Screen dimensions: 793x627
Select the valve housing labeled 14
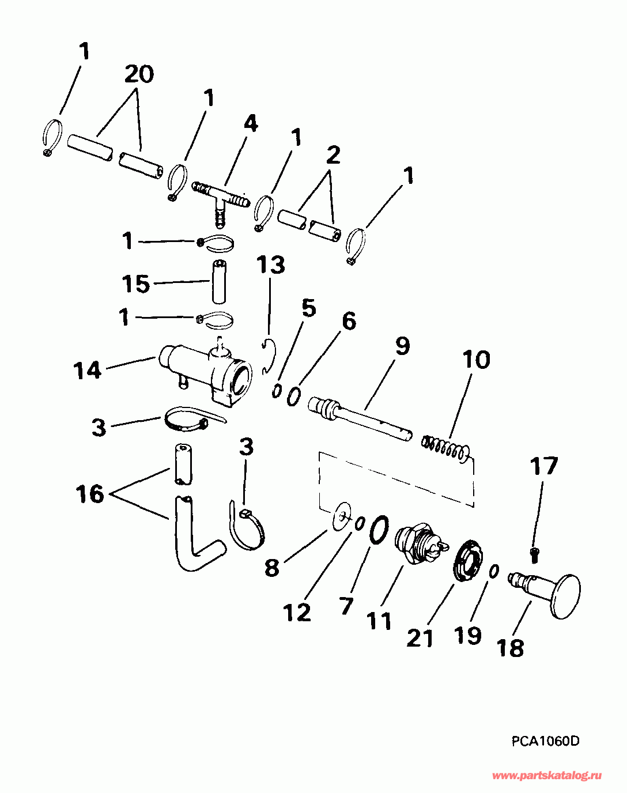[207, 372]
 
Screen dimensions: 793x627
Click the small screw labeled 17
[534, 554]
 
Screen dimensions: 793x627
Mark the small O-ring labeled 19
[494, 571]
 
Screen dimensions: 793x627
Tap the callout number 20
[139, 74]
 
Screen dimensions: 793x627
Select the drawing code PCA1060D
[545, 741]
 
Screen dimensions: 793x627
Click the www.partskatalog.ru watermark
[547, 776]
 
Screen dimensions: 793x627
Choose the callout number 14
[88, 370]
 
